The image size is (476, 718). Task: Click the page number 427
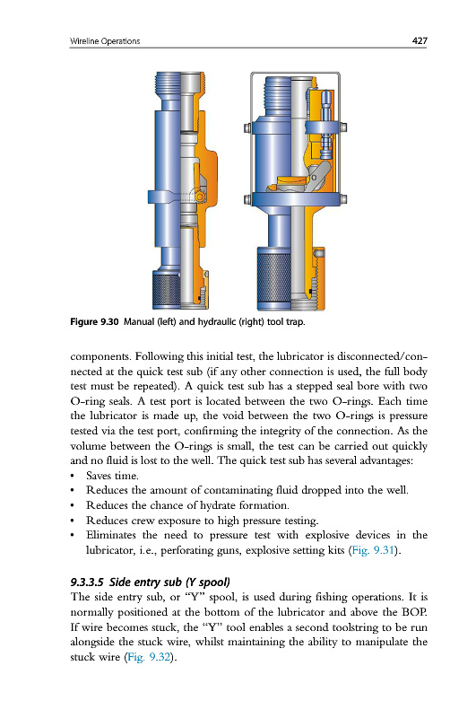[420, 40]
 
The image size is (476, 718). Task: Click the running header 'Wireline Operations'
[105, 41]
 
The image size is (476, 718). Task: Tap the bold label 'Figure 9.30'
[95, 322]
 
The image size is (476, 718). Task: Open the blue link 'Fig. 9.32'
[149, 657]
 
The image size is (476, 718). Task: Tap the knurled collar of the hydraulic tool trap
[273, 277]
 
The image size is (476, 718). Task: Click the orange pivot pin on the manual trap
[200, 197]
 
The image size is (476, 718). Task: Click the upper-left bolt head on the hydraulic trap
[247, 127]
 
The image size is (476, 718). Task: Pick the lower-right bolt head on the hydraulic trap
[343, 199]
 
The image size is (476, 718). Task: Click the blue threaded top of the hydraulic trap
[278, 96]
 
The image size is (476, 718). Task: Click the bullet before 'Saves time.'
[73, 476]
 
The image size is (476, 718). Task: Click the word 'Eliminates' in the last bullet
[111, 535]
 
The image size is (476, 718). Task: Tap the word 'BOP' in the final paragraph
[414, 612]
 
